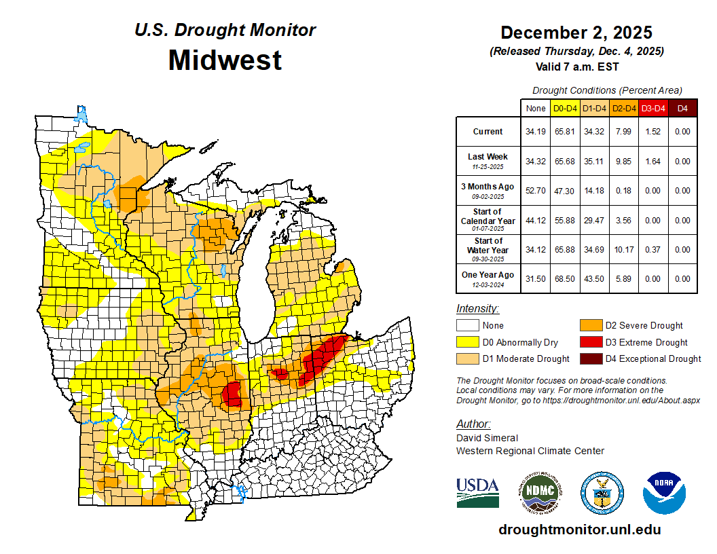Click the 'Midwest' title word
(x=225, y=60)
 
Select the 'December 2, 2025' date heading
(x=576, y=33)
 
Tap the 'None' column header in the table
(x=536, y=108)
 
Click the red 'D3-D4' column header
(x=653, y=108)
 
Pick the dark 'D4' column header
(x=682, y=108)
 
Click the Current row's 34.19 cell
(x=536, y=132)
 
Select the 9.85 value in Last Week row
(x=624, y=161)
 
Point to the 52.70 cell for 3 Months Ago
(x=536, y=191)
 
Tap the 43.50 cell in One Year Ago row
(x=595, y=278)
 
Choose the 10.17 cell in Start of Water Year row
(x=624, y=249)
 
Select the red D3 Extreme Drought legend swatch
(x=590, y=342)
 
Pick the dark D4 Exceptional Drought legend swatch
(x=590, y=358)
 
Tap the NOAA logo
(x=665, y=492)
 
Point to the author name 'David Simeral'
(x=487, y=438)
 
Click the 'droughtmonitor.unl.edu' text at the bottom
(x=579, y=530)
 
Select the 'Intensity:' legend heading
(x=477, y=309)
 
